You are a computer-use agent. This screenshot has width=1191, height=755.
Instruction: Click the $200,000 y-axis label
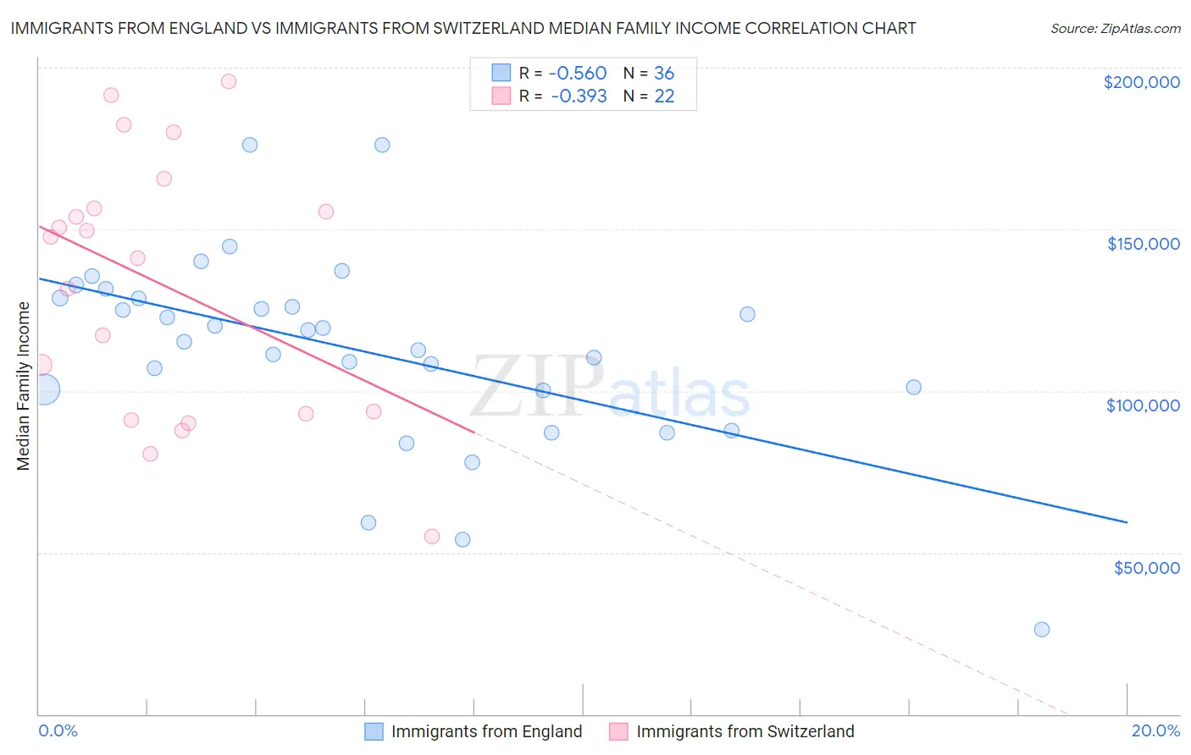pos(1141,82)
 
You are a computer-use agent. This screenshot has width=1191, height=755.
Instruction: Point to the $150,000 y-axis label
pos(1143,244)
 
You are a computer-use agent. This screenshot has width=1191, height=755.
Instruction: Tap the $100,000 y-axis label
pos(1143,405)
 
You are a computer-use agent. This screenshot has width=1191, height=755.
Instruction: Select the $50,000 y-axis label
pos(1146,567)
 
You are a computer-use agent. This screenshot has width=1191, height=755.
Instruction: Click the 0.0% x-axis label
pos(58,730)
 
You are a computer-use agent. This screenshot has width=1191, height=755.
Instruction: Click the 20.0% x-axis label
pos(1155,730)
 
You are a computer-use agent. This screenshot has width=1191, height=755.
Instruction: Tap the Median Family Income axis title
pos(24,386)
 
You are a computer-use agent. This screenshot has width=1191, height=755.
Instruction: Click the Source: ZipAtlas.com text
pos(1115,28)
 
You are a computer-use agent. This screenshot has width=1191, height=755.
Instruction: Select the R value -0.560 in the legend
pos(579,73)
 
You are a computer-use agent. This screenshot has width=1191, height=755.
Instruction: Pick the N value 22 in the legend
pos(664,96)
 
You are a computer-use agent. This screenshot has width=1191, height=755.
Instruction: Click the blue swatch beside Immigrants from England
pos(374,731)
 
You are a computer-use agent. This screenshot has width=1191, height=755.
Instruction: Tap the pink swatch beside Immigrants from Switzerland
pos(619,731)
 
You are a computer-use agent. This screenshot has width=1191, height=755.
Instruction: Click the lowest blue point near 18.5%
pos(1041,630)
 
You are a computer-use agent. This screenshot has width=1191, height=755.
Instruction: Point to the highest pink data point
pos(228,81)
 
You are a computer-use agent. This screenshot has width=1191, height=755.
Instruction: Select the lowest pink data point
pos(431,536)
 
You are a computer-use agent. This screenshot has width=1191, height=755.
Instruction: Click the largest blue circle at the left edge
pos(44,389)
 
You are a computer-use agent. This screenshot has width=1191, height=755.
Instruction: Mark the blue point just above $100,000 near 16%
pos(913,388)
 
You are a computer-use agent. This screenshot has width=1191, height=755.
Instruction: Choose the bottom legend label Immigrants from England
pos(486,731)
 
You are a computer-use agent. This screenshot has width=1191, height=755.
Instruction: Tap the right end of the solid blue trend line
pos(1127,522)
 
